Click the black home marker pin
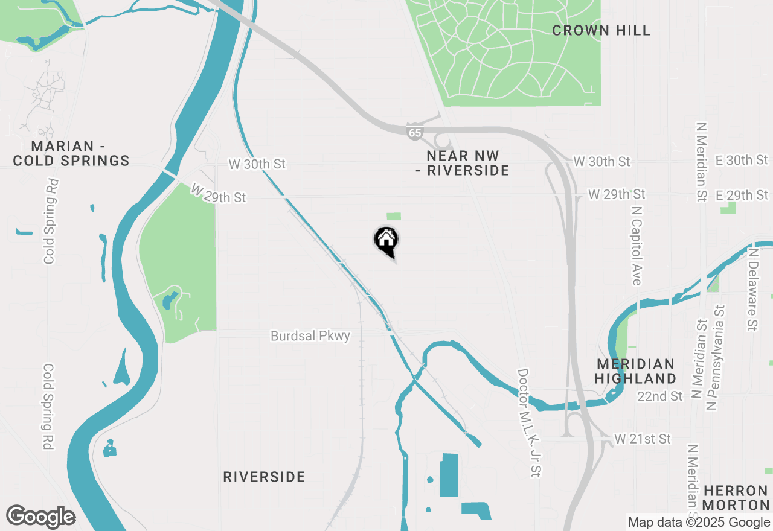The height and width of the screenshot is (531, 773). [x=386, y=240]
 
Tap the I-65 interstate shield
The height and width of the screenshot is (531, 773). [x=414, y=133]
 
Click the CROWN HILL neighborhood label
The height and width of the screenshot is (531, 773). [x=601, y=30]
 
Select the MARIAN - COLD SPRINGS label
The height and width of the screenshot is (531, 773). [x=71, y=153]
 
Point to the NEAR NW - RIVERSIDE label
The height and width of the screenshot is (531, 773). [x=462, y=163]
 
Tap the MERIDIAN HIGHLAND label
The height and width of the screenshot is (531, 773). [x=635, y=371]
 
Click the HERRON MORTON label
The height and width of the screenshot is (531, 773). [x=736, y=497]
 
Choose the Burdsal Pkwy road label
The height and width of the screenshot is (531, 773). [x=310, y=336]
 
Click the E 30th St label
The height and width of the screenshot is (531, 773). [x=742, y=160]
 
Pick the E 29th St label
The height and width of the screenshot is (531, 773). [x=742, y=195]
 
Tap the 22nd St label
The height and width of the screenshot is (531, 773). [x=660, y=396]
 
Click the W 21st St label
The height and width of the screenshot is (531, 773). [x=643, y=439]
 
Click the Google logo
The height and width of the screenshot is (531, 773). [x=40, y=517]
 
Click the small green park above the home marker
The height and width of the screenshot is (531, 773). [x=394, y=216]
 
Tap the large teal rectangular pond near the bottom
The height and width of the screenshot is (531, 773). [x=449, y=475]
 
